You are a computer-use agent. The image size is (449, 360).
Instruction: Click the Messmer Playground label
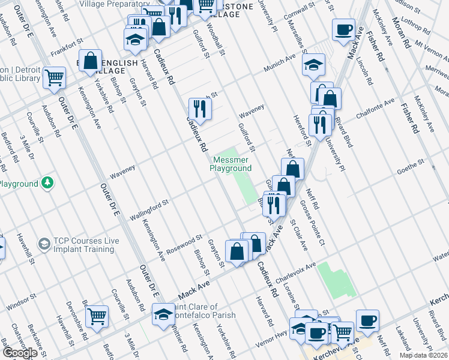click(x=231, y=164)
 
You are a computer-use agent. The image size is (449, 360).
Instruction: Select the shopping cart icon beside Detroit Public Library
click(x=54, y=77)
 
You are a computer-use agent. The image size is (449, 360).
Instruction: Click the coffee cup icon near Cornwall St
click(x=343, y=29)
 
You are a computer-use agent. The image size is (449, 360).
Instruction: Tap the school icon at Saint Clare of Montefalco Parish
click(x=163, y=314)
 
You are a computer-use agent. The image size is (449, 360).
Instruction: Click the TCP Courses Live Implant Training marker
click(x=44, y=244)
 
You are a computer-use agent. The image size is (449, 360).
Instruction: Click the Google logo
click(x=20, y=353)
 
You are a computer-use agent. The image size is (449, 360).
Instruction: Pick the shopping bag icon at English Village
click(x=91, y=61)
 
